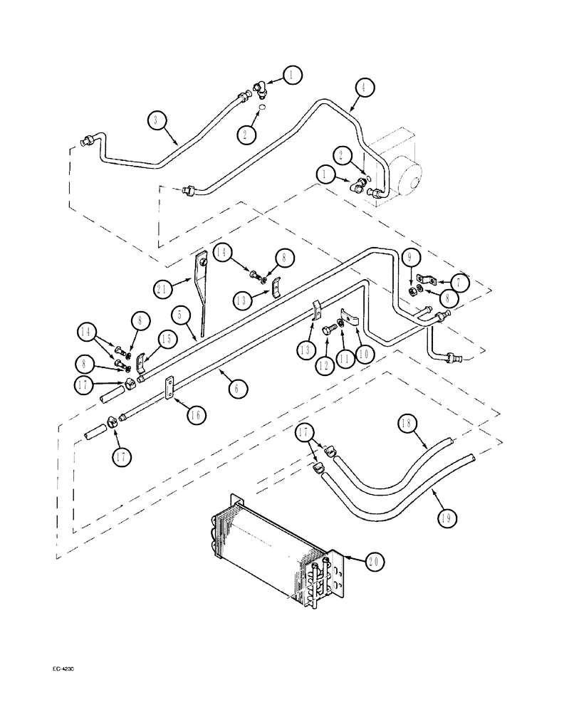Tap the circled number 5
(181, 313)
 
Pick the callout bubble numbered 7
(459, 283)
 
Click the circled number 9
(412, 258)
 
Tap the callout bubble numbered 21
(162, 288)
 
